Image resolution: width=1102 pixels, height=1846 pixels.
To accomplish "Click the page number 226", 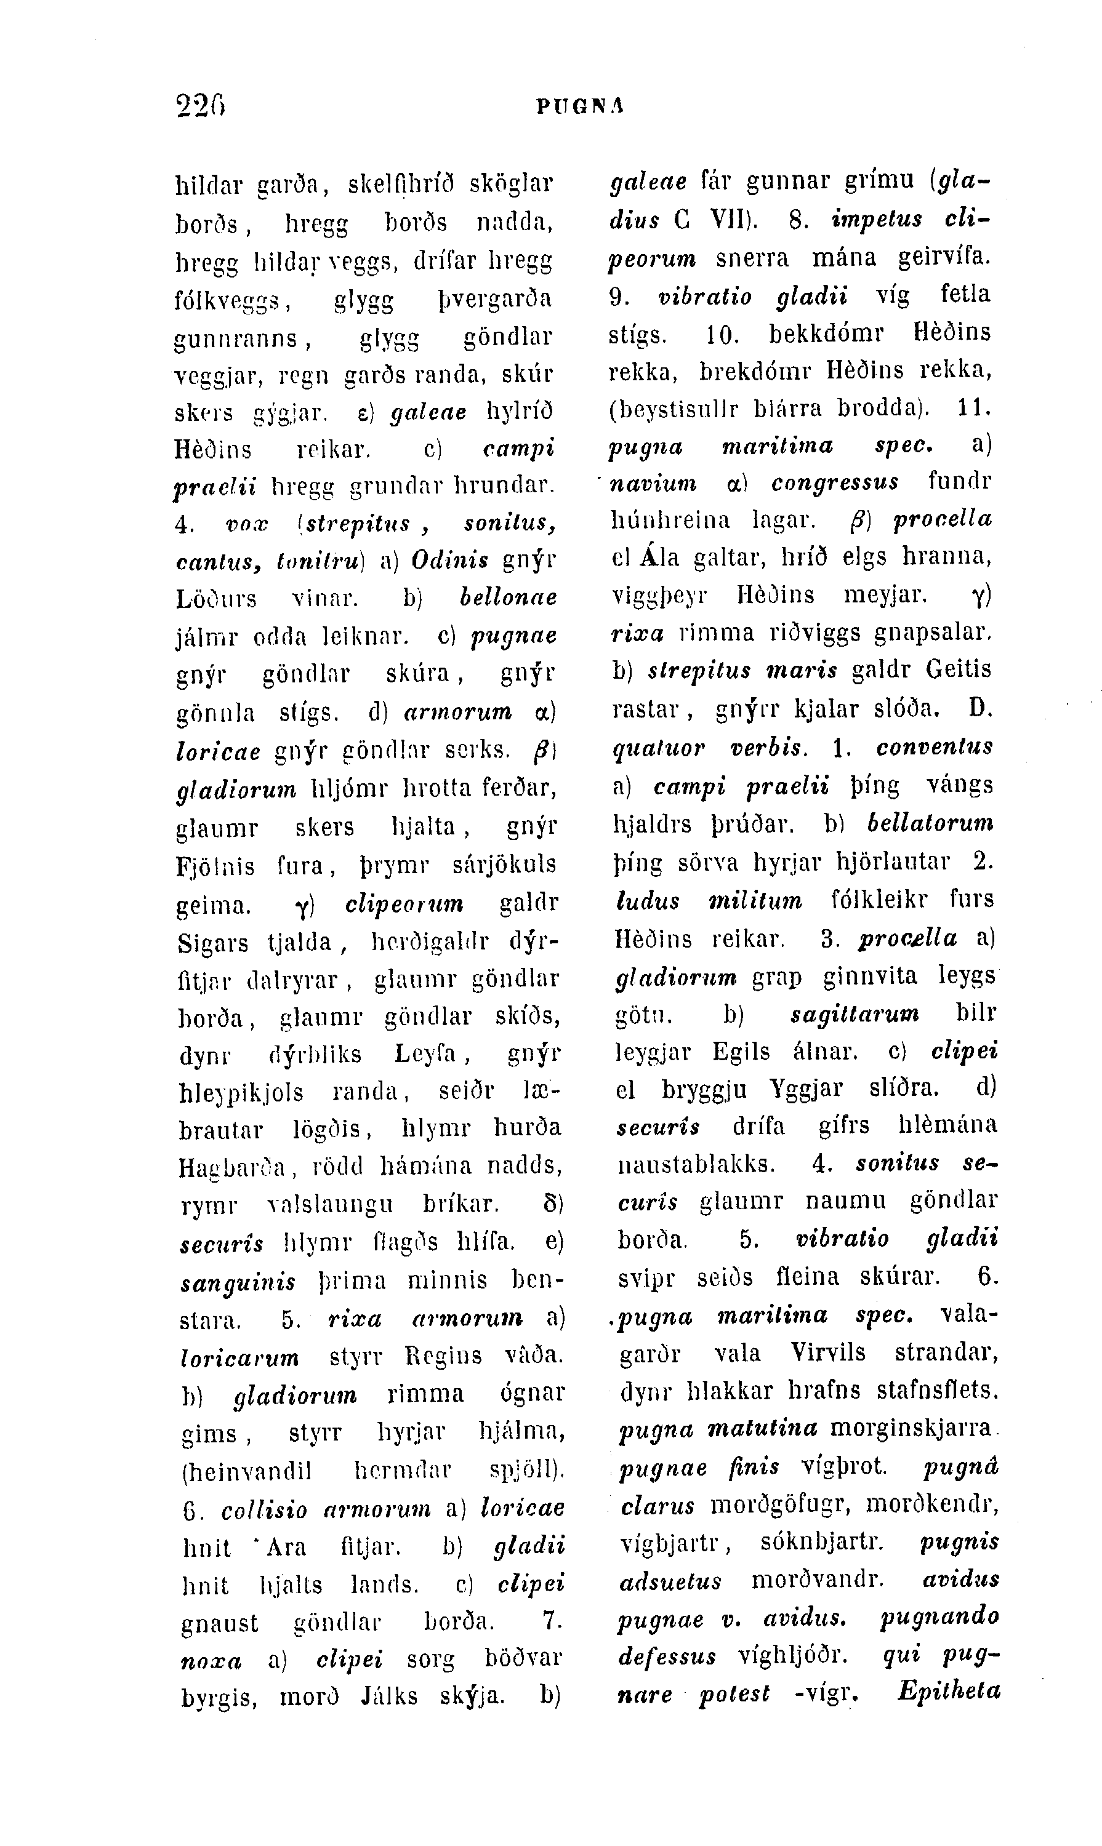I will [x=201, y=106].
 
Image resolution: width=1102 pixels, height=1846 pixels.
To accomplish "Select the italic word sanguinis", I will [x=238, y=1282].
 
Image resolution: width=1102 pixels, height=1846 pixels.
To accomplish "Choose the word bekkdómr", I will [x=826, y=332].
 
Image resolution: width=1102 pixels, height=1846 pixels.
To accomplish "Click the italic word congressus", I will [x=835, y=483].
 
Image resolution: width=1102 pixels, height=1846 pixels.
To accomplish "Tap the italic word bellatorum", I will [x=930, y=823].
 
